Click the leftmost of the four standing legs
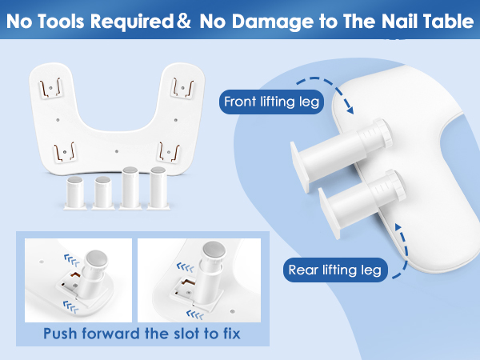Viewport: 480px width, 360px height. (x=77, y=192)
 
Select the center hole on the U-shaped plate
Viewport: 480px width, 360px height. (x=117, y=149)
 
